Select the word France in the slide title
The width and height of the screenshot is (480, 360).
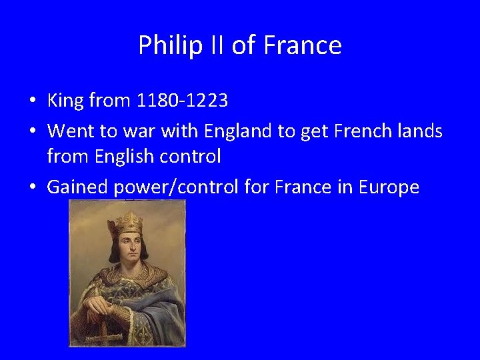point(303,45)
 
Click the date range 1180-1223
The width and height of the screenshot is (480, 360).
point(182,101)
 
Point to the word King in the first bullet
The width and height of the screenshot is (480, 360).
point(65,101)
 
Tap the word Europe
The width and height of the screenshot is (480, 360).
point(389,188)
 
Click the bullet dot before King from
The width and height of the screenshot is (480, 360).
point(32,102)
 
